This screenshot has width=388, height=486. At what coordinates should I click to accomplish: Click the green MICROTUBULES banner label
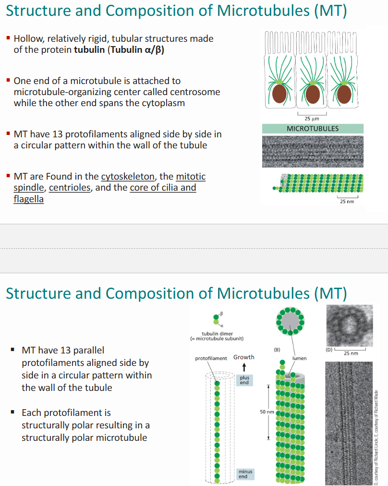pos(312,129)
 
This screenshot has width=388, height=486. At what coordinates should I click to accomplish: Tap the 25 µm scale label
pos(312,119)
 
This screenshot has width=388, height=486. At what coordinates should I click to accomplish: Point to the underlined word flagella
pos(28,199)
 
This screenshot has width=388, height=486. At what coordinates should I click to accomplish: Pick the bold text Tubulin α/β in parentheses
pos(135,50)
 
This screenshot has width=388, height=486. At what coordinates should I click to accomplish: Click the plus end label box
pos(244,380)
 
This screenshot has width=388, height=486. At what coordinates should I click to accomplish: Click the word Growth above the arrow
pos(244,357)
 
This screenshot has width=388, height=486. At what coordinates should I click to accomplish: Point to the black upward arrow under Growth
pos(244,367)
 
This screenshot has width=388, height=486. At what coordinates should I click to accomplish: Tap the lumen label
pos(299,358)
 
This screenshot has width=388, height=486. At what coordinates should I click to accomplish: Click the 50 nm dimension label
pos(267,412)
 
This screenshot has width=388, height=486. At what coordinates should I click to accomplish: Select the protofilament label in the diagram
pos(211,358)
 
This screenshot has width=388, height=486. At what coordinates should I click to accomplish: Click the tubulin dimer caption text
pos(217,336)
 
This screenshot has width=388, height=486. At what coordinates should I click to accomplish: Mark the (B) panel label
pos(277,349)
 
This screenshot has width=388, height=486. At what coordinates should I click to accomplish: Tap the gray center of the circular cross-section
pos(288,322)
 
